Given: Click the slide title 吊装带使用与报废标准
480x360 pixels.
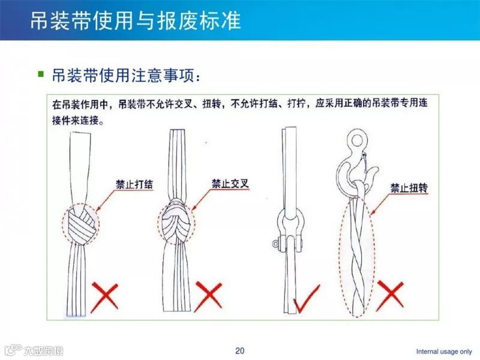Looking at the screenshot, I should tap(136, 20).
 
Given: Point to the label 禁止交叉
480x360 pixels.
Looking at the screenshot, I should tap(230, 182).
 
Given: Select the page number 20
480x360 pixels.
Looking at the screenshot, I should tap(240, 350).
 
